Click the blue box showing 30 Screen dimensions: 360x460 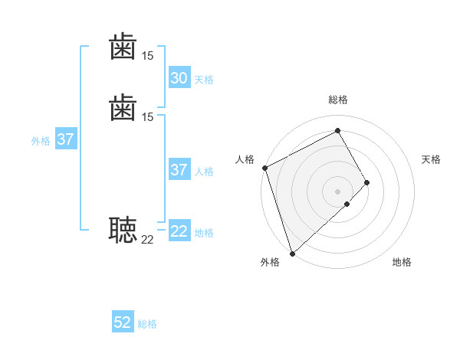(x=179, y=78)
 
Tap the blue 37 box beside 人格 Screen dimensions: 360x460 (x=179, y=170)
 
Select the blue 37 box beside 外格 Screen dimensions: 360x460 (x=66, y=139)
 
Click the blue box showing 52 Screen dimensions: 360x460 (x=123, y=323)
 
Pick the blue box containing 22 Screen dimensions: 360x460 (x=179, y=231)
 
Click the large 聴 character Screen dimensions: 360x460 (x=123, y=229)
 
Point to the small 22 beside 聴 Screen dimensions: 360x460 (x=147, y=240)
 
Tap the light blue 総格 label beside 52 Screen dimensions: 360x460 (x=147, y=325)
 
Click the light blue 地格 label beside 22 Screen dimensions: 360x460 (x=204, y=233)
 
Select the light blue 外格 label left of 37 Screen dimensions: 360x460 (x=41, y=141)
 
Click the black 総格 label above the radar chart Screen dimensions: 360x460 (x=338, y=100)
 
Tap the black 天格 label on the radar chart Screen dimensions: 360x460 (x=431, y=159)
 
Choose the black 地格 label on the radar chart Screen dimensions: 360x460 (x=402, y=263)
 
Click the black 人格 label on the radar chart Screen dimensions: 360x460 (x=245, y=159)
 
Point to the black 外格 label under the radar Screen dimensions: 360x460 (x=270, y=263)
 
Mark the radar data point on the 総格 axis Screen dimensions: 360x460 (x=338, y=131)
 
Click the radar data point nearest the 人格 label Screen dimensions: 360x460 (x=264, y=168)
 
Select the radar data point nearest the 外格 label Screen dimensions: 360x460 (x=292, y=253)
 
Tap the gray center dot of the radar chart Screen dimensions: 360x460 (x=338, y=191)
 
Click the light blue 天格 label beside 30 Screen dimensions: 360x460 (x=204, y=80)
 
